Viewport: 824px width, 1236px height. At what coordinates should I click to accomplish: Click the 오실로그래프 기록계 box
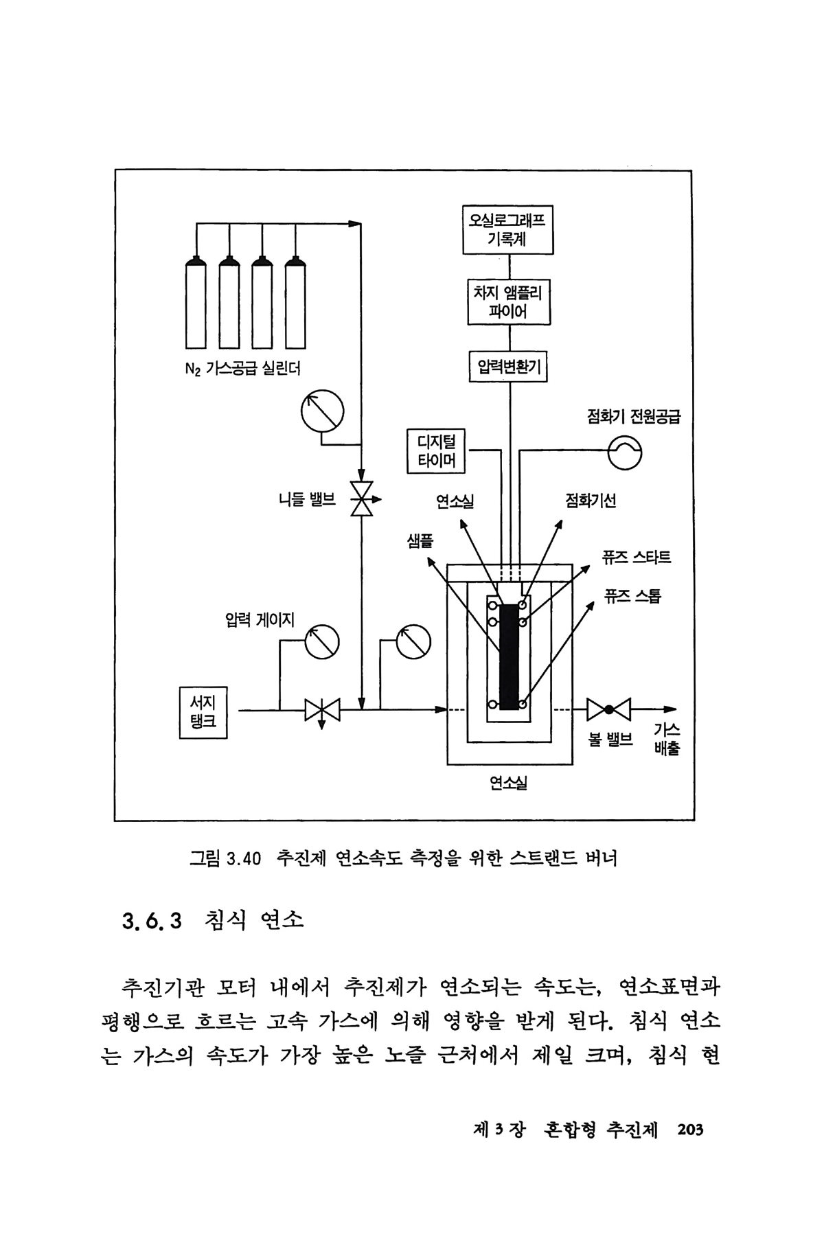pyautogui.click(x=508, y=230)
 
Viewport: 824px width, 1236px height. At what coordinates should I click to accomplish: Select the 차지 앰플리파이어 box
pyautogui.click(x=509, y=302)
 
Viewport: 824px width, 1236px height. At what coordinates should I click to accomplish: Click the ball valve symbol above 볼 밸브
pyautogui.click(x=608, y=709)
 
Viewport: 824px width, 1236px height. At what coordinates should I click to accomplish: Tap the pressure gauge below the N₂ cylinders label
pyautogui.click(x=321, y=410)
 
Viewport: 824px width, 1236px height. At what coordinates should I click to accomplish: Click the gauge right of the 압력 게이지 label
pyautogui.click(x=321, y=641)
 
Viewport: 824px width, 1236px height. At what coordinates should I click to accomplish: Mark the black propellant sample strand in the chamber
pyautogui.click(x=509, y=656)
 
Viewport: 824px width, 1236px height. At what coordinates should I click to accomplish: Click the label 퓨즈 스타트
pyautogui.click(x=636, y=556)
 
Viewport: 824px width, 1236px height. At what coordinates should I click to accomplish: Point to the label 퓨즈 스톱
pyautogui.click(x=632, y=596)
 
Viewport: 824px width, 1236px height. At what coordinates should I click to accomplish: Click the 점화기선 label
pyautogui.click(x=590, y=500)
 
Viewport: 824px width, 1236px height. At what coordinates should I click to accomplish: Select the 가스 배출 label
pyautogui.click(x=666, y=738)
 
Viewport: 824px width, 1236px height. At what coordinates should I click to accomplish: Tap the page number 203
pyautogui.click(x=690, y=1130)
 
